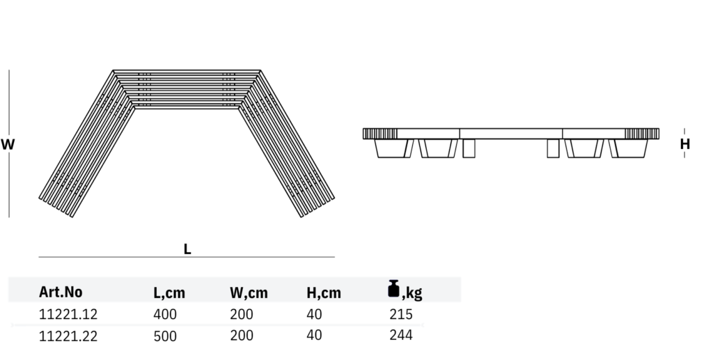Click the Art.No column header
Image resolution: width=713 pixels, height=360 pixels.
tap(61, 292)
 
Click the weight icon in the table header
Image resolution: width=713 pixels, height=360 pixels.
tap(394, 289)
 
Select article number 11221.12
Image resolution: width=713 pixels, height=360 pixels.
tap(68, 314)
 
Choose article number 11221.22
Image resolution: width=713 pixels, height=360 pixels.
tap(68, 336)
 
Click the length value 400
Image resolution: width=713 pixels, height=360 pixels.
tap(165, 314)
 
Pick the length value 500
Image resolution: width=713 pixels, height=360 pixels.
tap(165, 336)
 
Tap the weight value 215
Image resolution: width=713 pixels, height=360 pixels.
tap(402, 314)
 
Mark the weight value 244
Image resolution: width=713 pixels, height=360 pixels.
tap(402, 335)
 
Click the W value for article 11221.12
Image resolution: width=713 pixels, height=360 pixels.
tap(242, 314)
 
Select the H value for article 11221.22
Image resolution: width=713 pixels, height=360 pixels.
tap(314, 335)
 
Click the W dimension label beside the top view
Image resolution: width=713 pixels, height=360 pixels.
tap(8, 145)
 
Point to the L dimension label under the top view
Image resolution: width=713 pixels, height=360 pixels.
tap(187, 249)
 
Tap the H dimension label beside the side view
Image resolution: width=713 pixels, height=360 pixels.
tap(685, 144)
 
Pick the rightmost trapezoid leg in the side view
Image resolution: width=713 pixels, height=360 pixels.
tap(629, 148)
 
